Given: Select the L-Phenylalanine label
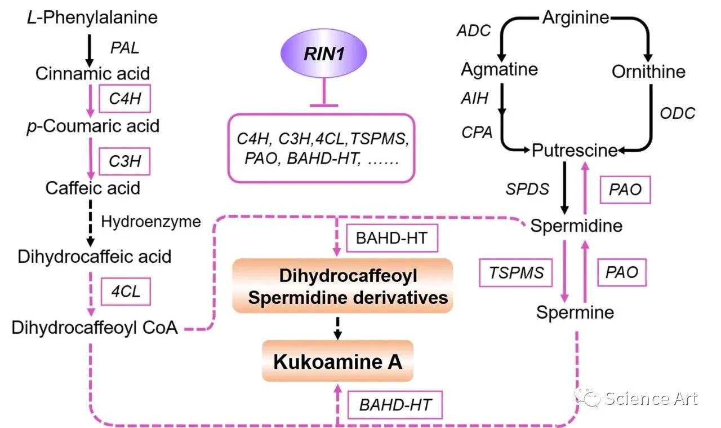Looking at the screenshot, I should [92, 17].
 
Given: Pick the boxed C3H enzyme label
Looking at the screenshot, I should [124, 162].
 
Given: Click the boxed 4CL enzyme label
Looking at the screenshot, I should [124, 292].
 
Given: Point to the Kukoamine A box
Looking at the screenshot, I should [337, 361].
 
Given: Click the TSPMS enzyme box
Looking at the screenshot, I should [516, 273].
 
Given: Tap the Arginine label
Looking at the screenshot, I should [576, 17].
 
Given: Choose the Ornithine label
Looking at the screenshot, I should [648, 72].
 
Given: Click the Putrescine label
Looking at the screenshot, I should [575, 151].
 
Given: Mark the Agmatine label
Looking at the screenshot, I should [499, 69].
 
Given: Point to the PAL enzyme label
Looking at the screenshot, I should [124, 47].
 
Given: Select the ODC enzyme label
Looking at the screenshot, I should [677, 112].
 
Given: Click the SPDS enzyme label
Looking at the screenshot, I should [527, 189].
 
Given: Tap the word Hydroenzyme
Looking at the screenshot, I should [151, 222].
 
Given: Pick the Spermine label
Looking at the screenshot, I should [575, 312].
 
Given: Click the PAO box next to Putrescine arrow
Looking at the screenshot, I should [625, 189].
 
